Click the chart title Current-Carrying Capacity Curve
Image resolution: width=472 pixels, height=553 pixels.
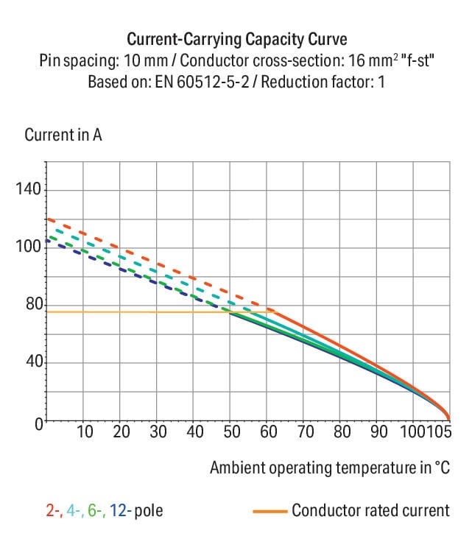(236, 39)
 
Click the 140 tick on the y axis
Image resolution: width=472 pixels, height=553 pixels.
(29, 190)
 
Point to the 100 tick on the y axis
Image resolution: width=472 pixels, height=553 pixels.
(29, 247)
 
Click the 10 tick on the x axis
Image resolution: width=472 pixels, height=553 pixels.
(85, 432)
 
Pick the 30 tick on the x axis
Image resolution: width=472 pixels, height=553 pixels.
(158, 432)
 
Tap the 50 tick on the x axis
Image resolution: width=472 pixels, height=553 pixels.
(232, 432)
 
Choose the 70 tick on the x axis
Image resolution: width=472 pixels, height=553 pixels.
(305, 432)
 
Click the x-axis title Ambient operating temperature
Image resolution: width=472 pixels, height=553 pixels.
(328, 468)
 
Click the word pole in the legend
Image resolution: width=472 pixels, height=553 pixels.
(148, 510)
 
